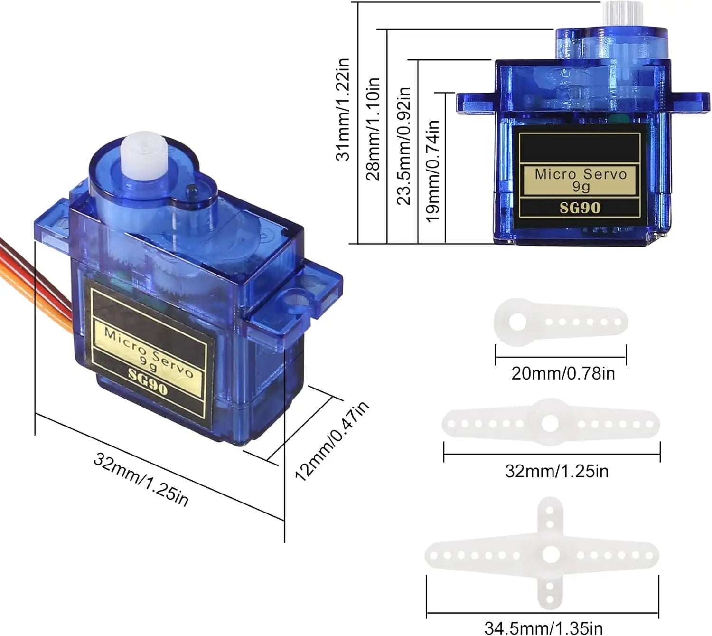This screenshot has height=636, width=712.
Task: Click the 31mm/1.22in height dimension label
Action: click(343, 109)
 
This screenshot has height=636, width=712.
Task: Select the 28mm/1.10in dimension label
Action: click(373, 129)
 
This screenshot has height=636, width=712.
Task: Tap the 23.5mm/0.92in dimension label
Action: click(404, 146)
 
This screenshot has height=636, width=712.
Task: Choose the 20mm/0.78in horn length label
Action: click(563, 374)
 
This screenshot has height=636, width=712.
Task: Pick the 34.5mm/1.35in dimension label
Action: click(543, 628)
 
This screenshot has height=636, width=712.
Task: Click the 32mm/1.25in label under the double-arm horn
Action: click(557, 471)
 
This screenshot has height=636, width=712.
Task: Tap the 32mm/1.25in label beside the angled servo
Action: click(141, 479)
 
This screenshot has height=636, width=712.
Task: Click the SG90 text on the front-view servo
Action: click(580, 208)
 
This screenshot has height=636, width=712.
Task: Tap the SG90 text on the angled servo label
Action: click(148, 382)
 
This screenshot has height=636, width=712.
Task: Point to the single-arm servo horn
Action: click(561, 322)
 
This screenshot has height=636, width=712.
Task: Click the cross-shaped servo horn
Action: click(542, 555)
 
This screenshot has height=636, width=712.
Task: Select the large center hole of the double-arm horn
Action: click(550, 424)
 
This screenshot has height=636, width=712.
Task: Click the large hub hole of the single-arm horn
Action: click(518, 322)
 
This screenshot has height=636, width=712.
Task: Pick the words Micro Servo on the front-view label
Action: click(581, 174)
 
